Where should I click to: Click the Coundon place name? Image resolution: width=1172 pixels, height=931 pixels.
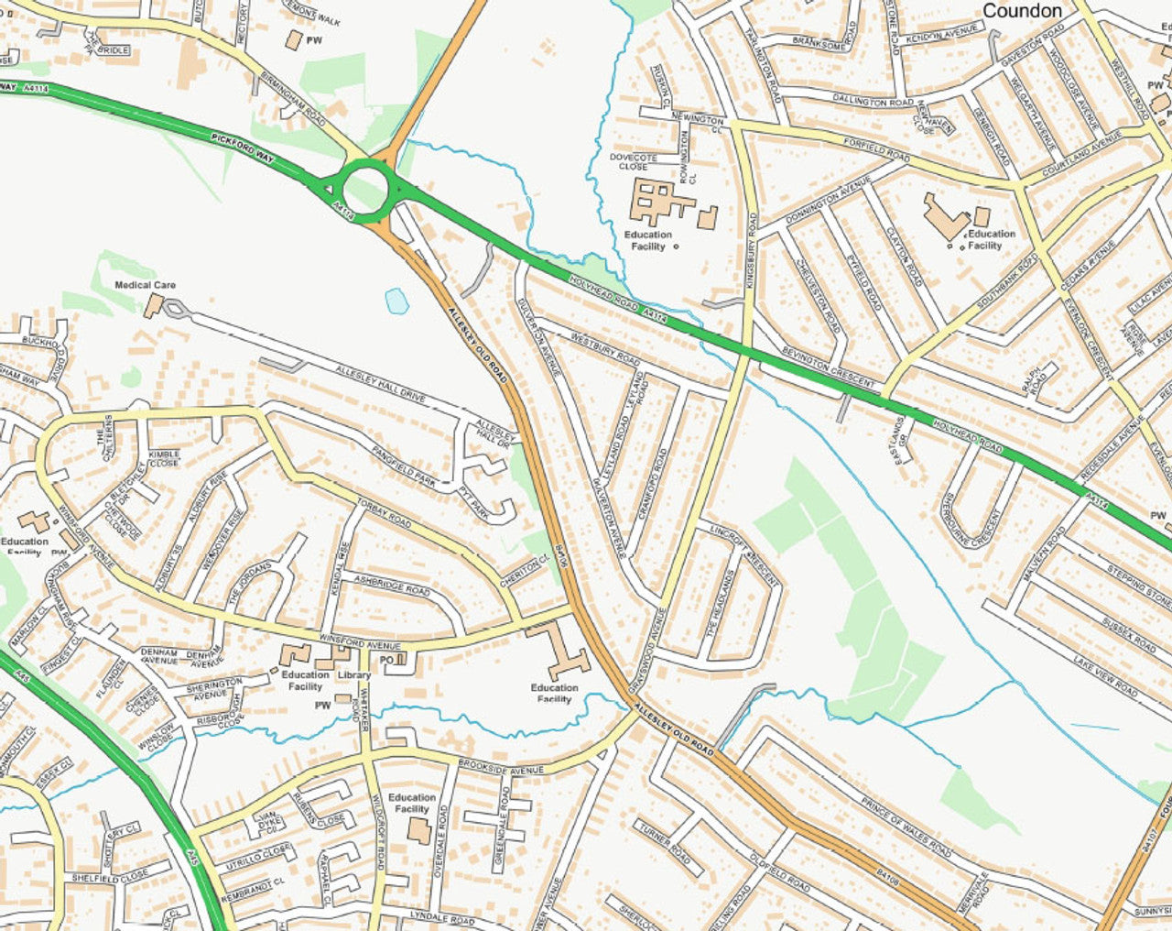coord(1022,11)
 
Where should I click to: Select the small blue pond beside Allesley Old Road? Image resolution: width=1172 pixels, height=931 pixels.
coord(396,301)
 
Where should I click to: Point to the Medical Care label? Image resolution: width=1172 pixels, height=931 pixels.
coord(145,285)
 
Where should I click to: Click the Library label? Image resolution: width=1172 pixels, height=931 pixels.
coord(353,675)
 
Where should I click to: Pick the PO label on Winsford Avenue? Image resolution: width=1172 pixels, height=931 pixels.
coord(386,660)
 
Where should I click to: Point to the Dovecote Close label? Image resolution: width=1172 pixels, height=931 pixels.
coord(634,162)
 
